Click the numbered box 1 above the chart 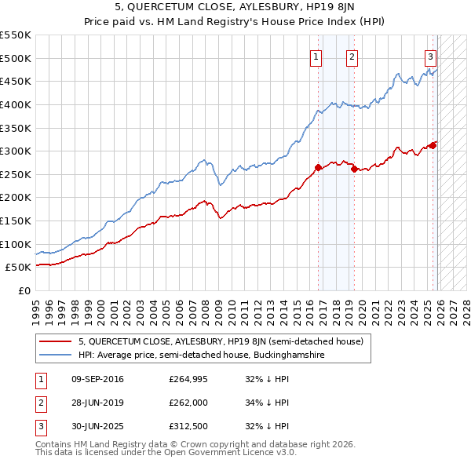[316, 57]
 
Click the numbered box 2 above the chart [352, 57]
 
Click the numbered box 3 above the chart [431, 57]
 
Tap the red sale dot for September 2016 [318, 167]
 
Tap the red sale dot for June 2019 [355, 169]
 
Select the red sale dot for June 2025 [433, 144]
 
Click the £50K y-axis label [18, 268]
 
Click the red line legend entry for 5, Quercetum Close [220, 342]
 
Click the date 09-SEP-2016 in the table [97, 379]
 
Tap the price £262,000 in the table [188, 403]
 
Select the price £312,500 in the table [188, 426]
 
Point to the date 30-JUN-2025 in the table [97, 426]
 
